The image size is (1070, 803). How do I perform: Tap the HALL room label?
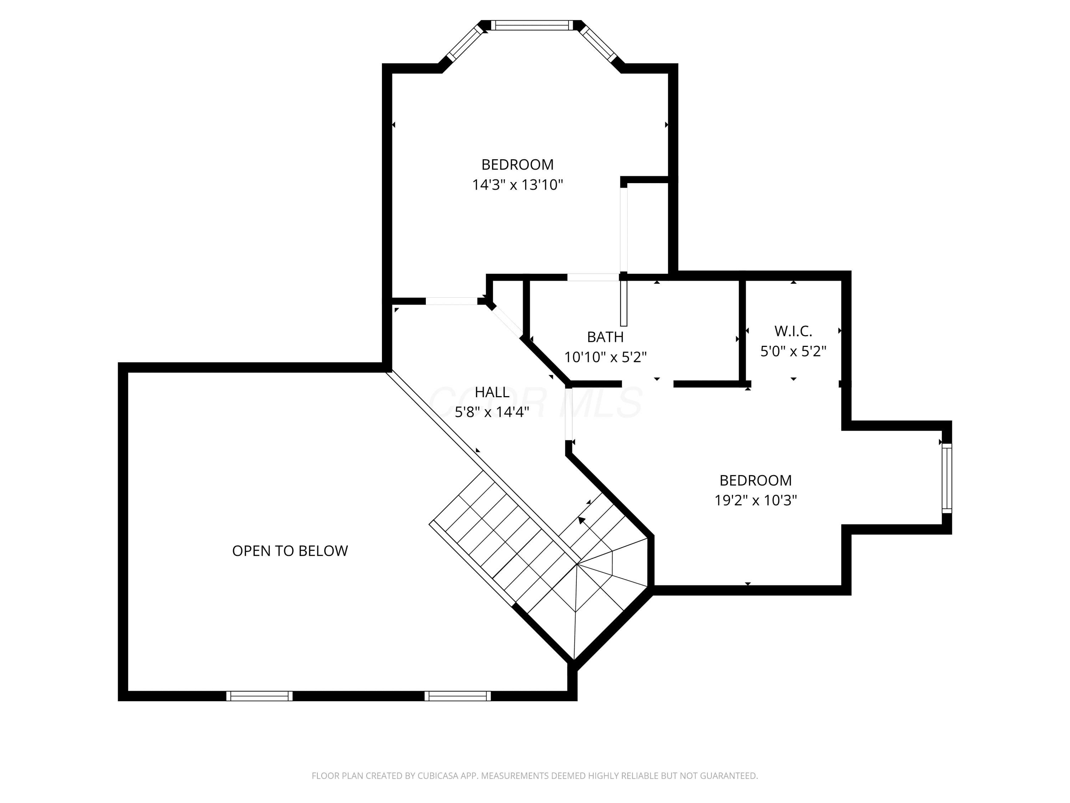(492, 392)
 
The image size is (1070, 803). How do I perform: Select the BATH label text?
(605, 337)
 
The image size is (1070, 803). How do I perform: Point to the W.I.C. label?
(793, 331)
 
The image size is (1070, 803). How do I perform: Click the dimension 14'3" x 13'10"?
(518, 185)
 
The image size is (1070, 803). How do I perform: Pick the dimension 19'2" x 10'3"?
(755, 500)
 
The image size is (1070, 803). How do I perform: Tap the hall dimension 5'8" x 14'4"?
(492, 412)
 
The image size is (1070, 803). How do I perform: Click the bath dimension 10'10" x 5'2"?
(605, 357)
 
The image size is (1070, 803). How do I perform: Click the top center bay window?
(532, 25)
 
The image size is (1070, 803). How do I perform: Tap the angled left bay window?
(465, 42)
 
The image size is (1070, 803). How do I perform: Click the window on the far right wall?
(947, 478)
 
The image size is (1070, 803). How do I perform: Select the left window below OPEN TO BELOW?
(259, 696)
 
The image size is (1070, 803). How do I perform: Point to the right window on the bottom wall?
(458, 696)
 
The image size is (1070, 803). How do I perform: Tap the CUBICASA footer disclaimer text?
(535, 776)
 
